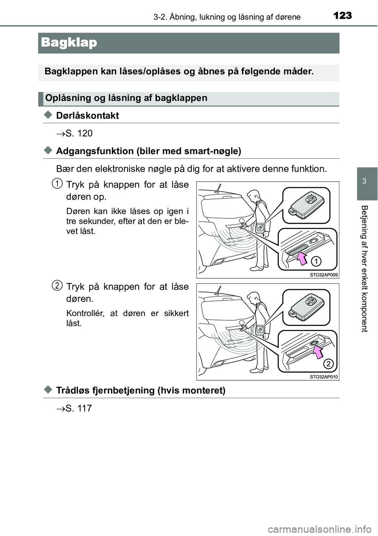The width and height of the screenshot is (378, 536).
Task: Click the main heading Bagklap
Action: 69,43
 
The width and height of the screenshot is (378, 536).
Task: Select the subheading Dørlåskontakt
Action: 87,115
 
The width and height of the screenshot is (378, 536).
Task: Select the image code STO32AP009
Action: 324,275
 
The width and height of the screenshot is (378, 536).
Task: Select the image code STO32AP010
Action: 324,377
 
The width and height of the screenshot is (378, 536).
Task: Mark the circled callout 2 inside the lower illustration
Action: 329,363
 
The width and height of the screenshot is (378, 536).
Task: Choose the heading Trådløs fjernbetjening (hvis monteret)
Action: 141,390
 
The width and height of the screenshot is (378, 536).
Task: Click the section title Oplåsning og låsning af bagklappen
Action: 126,98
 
